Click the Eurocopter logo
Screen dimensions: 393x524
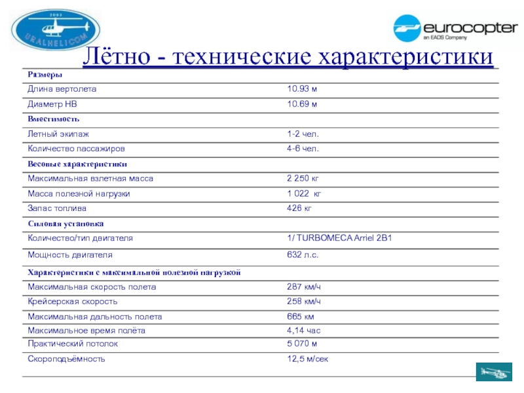pyautogui.click(x=454, y=29)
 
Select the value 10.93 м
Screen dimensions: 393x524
pyautogui.click(x=302, y=88)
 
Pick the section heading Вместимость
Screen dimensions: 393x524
pyautogui.click(x=54, y=119)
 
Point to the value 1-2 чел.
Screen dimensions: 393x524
pyautogui.click(x=303, y=134)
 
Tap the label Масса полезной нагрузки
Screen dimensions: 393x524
pyautogui.click(x=79, y=194)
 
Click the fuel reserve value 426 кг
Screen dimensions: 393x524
pyautogui.click(x=299, y=208)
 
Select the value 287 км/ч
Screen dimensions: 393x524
pyautogui.click(x=304, y=287)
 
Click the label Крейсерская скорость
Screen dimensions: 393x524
pyautogui.click(x=73, y=301)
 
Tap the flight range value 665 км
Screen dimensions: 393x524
pyautogui.click(x=301, y=316)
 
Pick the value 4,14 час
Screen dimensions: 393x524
pyautogui.click(x=304, y=330)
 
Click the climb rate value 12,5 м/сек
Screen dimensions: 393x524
pyautogui.click(x=308, y=359)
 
